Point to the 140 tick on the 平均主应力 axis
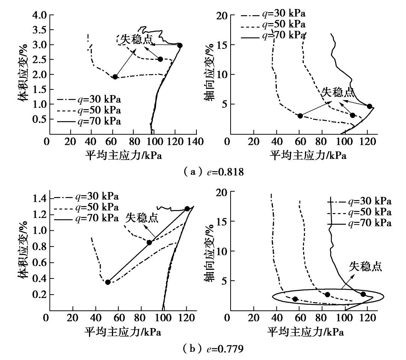[x=196, y=142]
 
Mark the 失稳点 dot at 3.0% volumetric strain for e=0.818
[x=180, y=45]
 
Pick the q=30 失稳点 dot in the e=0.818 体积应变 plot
[x=115, y=77]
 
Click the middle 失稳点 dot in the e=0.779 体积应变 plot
[x=149, y=242]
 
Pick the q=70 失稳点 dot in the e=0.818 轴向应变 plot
[x=370, y=106]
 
